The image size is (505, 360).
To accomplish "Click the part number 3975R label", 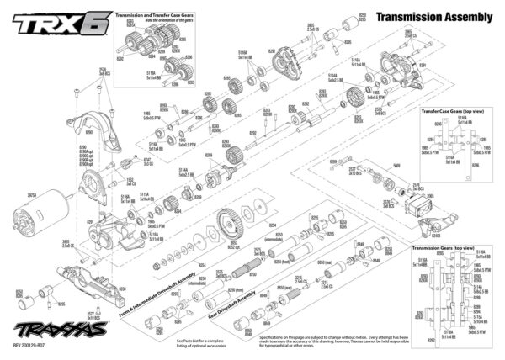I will pyautogui.click(x=34, y=194).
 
